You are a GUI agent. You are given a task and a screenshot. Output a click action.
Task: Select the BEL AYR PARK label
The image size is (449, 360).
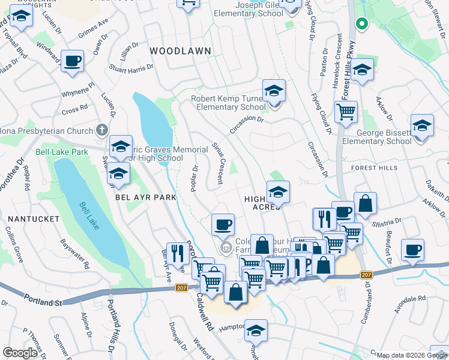[146, 197]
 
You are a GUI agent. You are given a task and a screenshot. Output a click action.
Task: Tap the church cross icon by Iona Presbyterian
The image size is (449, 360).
[103, 130]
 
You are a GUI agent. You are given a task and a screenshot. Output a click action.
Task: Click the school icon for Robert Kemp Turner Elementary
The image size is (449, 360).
[274, 91]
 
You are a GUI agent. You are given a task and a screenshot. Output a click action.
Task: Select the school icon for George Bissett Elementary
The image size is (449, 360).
[422, 126]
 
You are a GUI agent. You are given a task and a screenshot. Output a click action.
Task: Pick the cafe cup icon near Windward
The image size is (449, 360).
[72, 61]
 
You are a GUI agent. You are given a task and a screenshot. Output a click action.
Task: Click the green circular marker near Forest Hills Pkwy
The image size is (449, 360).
[361, 24]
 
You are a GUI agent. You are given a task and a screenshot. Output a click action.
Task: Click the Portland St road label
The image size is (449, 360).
[43, 299]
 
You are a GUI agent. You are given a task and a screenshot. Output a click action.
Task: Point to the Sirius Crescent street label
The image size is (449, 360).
[218, 163]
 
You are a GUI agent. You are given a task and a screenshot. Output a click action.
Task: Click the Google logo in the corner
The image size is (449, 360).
[20, 353]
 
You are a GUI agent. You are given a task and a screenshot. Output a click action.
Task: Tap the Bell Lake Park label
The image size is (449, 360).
[62, 152]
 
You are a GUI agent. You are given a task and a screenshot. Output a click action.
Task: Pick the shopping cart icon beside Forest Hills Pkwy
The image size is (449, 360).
[346, 112]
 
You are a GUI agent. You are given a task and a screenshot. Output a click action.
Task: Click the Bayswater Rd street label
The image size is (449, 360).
[75, 253]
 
